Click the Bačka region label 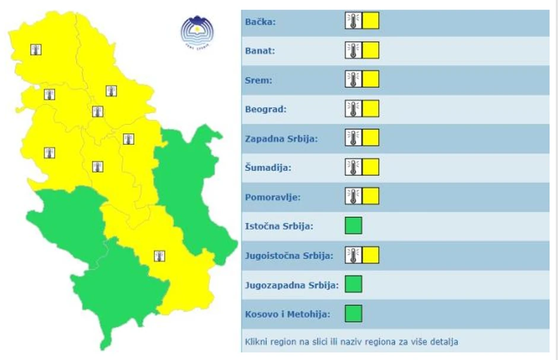pos(261,22)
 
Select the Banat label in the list pos(260,51)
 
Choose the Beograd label pos(266,109)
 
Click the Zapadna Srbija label pos(281,138)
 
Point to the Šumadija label pos(268,168)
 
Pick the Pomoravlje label pos(272,197)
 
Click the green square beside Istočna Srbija pos(353,226)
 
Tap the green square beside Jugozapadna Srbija pos(353,284)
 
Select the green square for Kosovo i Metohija pos(353,313)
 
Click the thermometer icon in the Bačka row pos(353,21)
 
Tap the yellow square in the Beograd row pos(371,109)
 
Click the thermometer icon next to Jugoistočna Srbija pos(353,255)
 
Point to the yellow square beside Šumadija pos(371,167)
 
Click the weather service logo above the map pos(197,31)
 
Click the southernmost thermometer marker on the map pos(159,256)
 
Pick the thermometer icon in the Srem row pos(353,79)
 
